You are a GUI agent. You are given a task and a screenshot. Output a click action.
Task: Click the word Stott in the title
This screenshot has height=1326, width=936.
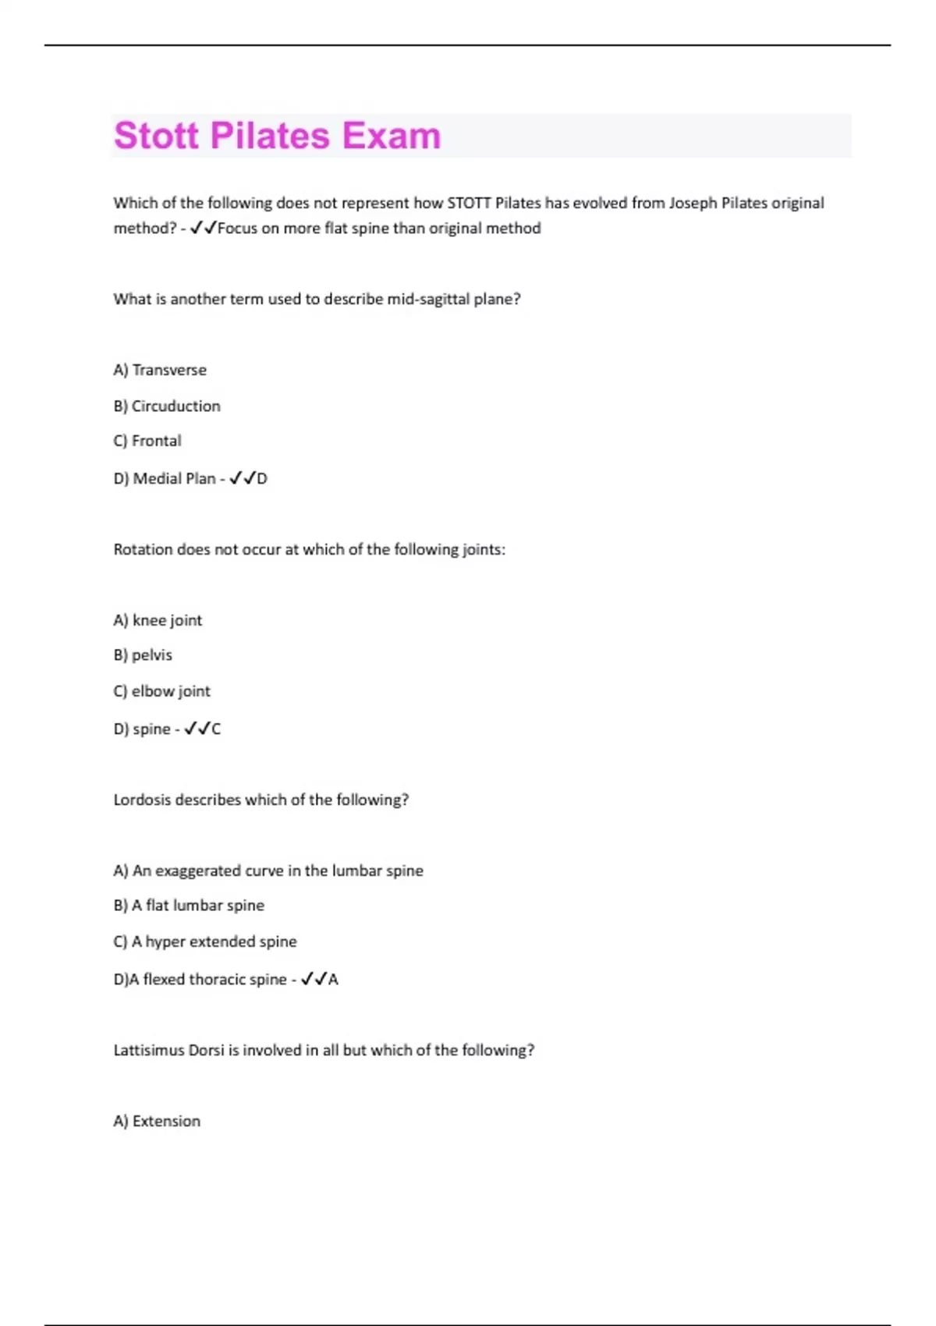[156, 136]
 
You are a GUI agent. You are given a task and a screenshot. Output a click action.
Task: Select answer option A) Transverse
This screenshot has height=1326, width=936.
[160, 370]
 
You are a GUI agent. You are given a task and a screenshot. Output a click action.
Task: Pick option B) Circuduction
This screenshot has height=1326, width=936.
[167, 406]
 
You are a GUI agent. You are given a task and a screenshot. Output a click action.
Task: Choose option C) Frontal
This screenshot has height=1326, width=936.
[147, 441]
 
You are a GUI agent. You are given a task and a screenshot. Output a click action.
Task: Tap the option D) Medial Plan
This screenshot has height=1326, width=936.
[165, 478]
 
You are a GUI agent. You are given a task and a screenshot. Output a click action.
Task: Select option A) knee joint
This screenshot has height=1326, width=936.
[158, 620]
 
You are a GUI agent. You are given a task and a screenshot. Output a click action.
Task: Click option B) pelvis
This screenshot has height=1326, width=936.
[143, 655]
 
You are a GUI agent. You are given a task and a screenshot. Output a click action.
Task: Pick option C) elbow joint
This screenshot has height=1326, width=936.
[161, 691]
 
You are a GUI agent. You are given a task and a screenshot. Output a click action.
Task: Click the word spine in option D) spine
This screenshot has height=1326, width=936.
[151, 729]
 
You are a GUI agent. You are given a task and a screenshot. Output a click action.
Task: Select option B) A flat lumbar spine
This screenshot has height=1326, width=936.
[189, 906]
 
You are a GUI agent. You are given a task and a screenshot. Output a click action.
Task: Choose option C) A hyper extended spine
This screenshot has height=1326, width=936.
[205, 941]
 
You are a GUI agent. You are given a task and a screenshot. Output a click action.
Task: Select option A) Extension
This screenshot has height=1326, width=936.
[157, 1121]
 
